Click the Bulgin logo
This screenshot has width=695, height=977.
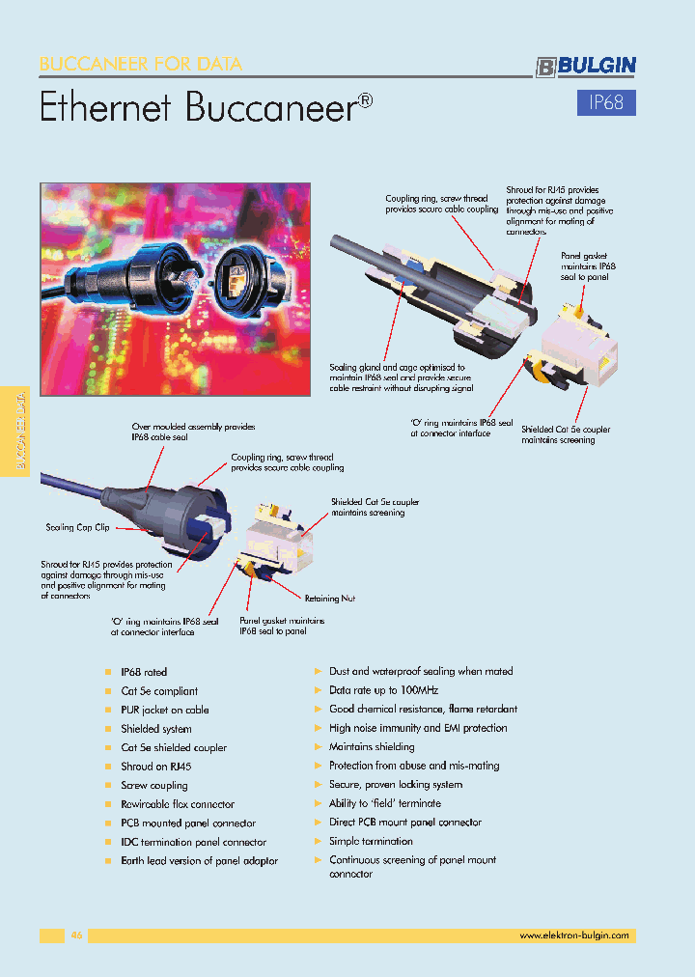[586, 66]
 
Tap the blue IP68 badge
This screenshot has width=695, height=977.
[606, 103]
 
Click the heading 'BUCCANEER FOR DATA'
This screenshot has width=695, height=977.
[141, 65]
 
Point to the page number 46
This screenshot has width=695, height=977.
[77, 935]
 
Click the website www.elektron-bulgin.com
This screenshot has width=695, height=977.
[573, 935]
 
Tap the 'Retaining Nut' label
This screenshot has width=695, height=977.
[329, 599]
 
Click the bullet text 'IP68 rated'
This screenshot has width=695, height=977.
[144, 672]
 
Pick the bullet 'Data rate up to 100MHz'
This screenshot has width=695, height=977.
[383, 690]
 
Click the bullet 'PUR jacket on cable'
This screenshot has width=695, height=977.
[164, 710]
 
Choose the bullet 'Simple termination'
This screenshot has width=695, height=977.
[371, 841]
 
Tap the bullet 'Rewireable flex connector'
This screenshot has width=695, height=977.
[178, 804]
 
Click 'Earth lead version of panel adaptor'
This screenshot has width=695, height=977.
[199, 860]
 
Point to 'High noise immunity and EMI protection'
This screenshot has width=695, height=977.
[417, 728]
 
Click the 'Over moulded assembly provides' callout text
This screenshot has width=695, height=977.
[192, 426]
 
